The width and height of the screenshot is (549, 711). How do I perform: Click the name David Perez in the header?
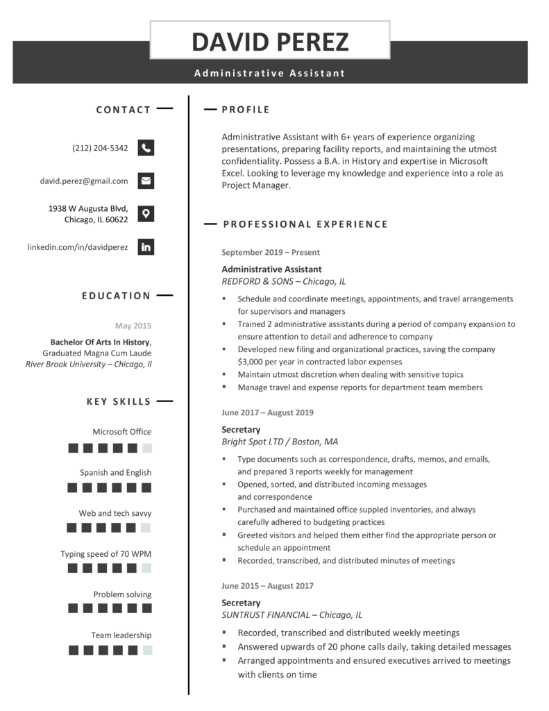click(x=270, y=42)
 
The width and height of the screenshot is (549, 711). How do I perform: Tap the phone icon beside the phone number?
click(x=146, y=148)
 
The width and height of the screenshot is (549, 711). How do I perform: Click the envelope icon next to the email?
click(x=146, y=181)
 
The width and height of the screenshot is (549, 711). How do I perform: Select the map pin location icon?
click(x=146, y=213)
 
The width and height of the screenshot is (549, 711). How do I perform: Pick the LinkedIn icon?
click(x=146, y=246)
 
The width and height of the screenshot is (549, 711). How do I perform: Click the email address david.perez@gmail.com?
click(x=84, y=181)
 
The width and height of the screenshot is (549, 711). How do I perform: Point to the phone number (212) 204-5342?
click(x=100, y=148)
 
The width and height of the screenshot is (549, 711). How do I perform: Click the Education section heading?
click(x=116, y=296)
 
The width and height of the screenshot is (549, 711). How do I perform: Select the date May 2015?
click(x=133, y=326)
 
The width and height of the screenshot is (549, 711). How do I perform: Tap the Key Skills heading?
click(x=118, y=401)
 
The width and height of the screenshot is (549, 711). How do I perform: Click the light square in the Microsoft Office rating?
click(x=147, y=448)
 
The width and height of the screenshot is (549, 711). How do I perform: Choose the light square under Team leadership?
click(x=147, y=651)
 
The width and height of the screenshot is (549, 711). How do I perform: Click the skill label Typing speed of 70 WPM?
click(x=105, y=554)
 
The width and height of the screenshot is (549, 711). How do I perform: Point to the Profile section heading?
click(x=246, y=110)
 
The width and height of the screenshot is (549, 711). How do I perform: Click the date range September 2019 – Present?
click(x=271, y=253)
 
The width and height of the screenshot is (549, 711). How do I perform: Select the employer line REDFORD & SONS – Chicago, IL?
click(x=283, y=281)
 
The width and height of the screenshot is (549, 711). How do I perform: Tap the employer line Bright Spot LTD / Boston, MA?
click(x=280, y=442)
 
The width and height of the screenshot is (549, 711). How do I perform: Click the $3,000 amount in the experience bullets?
click(x=252, y=362)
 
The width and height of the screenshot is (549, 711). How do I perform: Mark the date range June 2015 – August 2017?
click(x=267, y=586)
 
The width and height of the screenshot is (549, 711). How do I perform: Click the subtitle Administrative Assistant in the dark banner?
click(x=269, y=73)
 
